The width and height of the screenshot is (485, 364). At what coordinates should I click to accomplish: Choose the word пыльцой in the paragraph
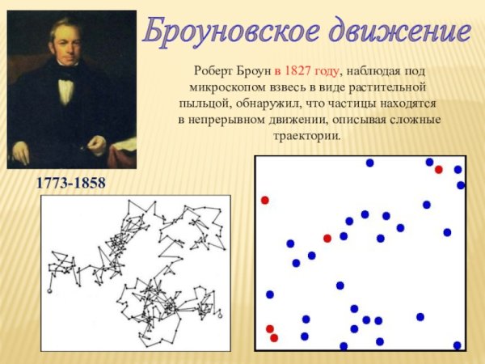(x=205, y=104)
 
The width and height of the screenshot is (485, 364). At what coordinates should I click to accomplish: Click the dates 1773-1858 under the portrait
(x=70, y=184)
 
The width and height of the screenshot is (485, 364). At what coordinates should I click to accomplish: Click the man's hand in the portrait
(x=97, y=145)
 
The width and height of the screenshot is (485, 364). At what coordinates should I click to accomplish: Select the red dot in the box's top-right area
(x=438, y=170)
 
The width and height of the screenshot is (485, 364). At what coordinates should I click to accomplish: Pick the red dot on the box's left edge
(x=264, y=200)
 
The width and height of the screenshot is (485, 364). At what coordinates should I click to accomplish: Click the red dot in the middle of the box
(x=327, y=238)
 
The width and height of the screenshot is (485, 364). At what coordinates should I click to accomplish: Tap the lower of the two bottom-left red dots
(x=274, y=338)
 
